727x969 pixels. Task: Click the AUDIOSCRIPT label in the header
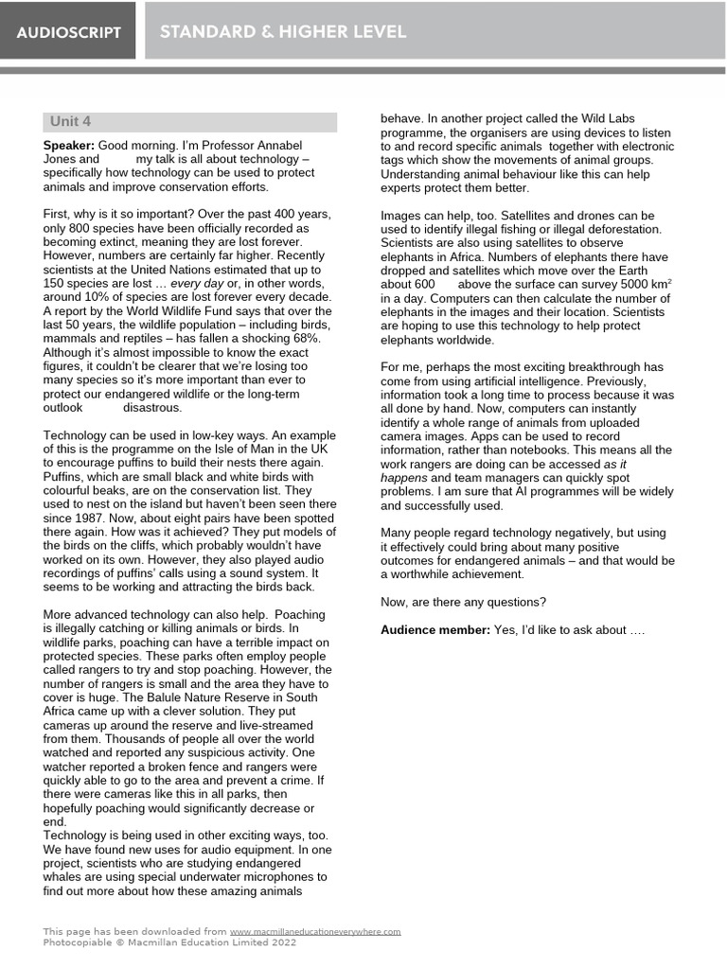(68, 32)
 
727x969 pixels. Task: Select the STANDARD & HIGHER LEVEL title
(283, 32)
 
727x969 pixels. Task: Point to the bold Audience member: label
(434, 629)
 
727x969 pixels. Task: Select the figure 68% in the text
(307, 338)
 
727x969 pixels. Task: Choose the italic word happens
(403, 478)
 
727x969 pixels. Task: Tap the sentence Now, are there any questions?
(462, 602)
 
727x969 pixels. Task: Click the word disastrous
(151, 407)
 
